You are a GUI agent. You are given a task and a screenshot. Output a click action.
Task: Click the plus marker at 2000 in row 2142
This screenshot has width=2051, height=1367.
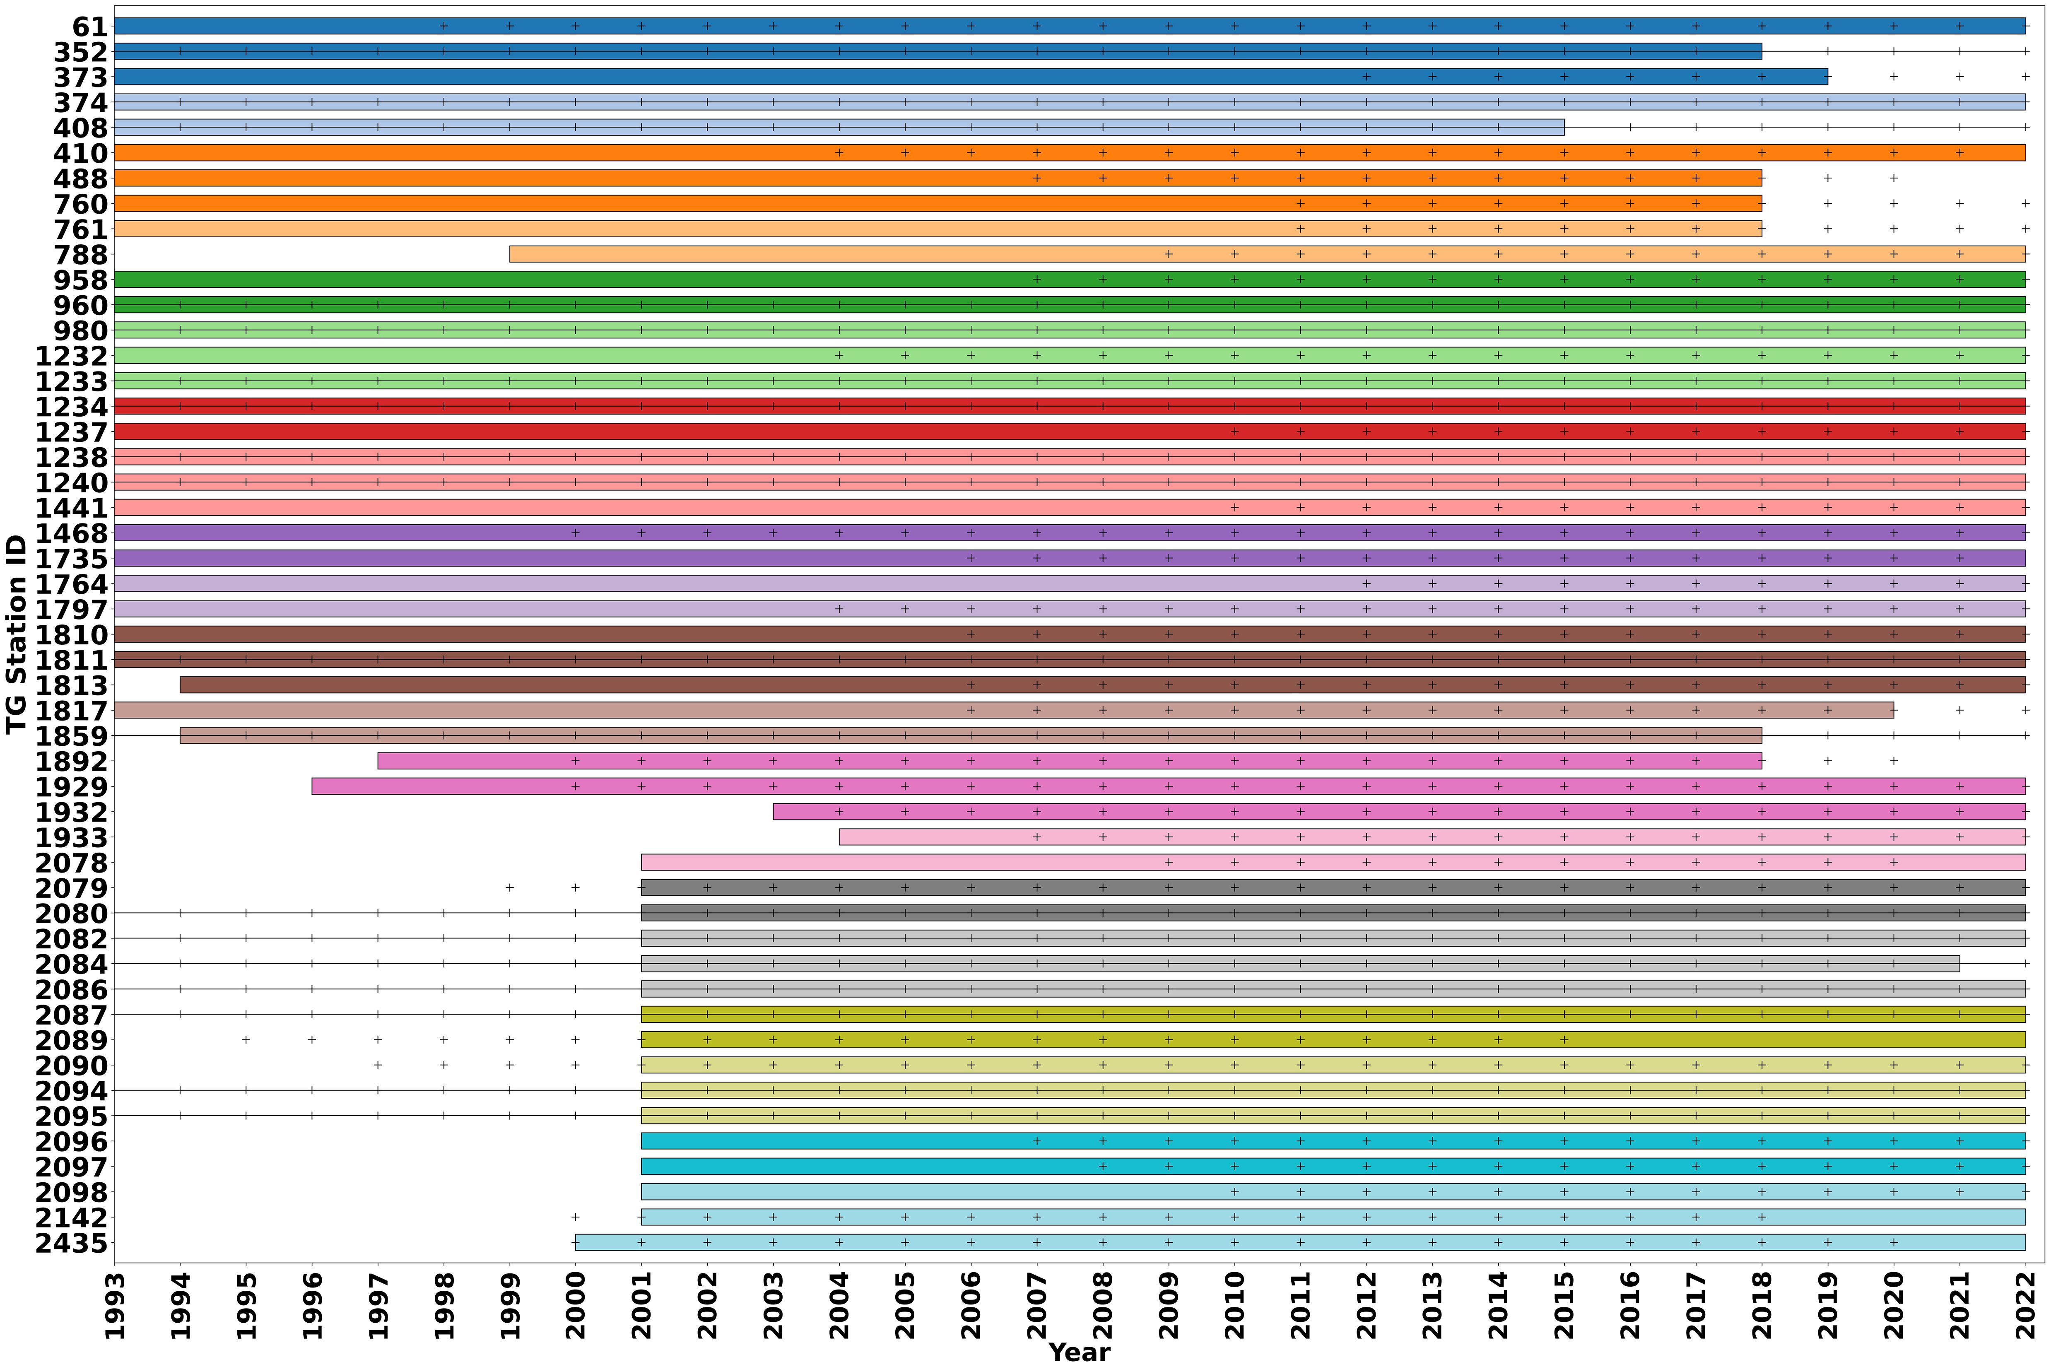tap(575, 1217)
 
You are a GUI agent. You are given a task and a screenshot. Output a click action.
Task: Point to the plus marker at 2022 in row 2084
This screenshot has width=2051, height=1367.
tap(2026, 963)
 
